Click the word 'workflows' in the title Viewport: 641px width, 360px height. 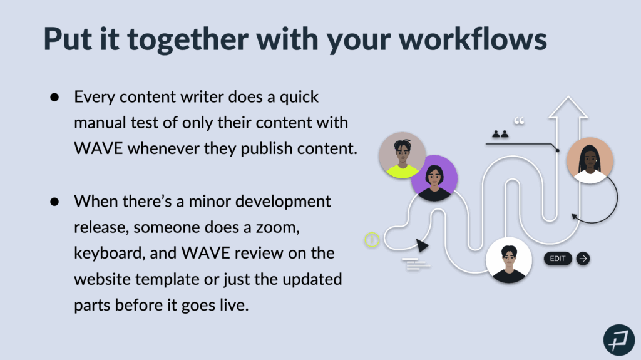(x=473, y=39)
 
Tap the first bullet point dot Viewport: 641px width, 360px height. (x=54, y=98)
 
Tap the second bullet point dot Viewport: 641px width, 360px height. (x=54, y=202)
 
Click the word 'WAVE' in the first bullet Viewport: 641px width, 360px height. (x=98, y=148)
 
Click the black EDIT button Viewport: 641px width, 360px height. (x=558, y=259)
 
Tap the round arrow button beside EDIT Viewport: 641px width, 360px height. (x=583, y=259)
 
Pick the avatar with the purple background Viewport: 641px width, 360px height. (x=434, y=178)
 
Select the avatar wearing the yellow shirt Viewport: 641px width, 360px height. (x=403, y=155)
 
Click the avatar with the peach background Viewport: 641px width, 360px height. (x=590, y=160)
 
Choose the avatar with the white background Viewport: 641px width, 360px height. (x=508, y=260)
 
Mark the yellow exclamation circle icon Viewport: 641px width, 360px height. (x=372, y=240)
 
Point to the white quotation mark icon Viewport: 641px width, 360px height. (x=519, y=121)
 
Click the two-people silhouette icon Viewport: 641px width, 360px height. (x=500, y=134)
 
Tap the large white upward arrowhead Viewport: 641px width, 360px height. (x=568, y=107)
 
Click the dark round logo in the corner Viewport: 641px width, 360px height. (x=619, y=340)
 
